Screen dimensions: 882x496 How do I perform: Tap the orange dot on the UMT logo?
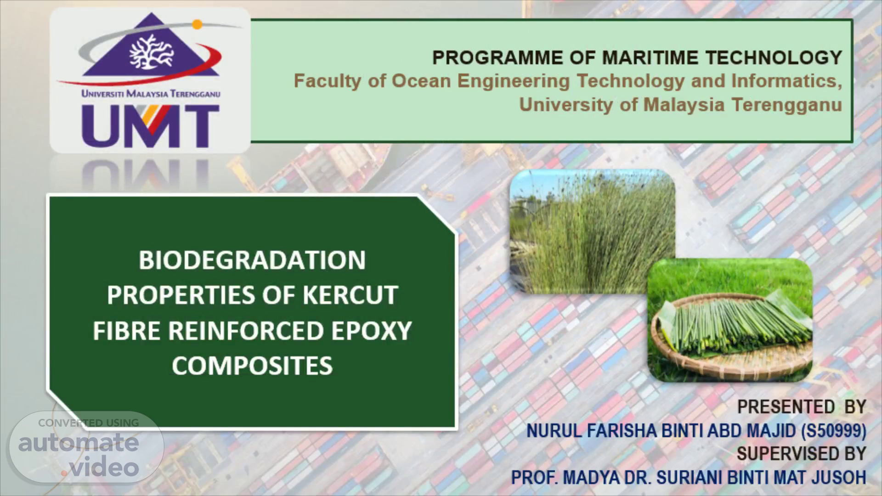pyautogui.click(x=197, y=24)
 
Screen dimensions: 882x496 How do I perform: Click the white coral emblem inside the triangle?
pyautogui.click(x=151, y=52)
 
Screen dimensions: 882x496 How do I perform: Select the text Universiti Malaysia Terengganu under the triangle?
pyautogui.click(x=151, y=94)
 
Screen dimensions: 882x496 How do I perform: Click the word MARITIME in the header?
pyautogui.click(x=650, y=58)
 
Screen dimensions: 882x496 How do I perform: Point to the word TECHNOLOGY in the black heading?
pyautogui.click(x=774, y=58)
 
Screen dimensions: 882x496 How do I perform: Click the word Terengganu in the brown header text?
pyautogui.click(x=786, y=105)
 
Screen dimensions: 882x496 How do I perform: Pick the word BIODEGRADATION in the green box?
pyautogui.click(x=252, y=260)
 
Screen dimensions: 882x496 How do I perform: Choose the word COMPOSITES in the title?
pyautogui.click(x=252, y=366)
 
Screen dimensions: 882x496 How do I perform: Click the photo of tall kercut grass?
pyautogui.click(x=592, y=231)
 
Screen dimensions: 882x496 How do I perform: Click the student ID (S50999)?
pyautogui.click(x=834, y=431)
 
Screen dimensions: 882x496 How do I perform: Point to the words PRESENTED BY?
pyautogui.click(x=802, y=407)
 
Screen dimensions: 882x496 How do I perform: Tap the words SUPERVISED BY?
pyautogui.click(x=802, y=454)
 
